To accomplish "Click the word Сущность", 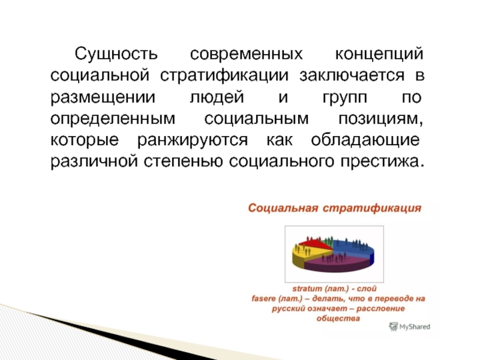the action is (116, 55).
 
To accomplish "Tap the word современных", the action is (246, 54).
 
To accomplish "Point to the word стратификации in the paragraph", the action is (224, 76).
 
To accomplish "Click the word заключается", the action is (352, 76).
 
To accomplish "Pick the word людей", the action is (217, 98).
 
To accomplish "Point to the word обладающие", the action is (365, 140).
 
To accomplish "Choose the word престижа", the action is (382, 162).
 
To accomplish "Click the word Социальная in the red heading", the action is (283, 208).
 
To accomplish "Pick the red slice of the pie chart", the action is (316, 244).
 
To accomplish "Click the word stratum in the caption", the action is (307, 289).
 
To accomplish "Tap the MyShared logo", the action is (410, 326).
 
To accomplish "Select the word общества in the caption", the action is (338, 319).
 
